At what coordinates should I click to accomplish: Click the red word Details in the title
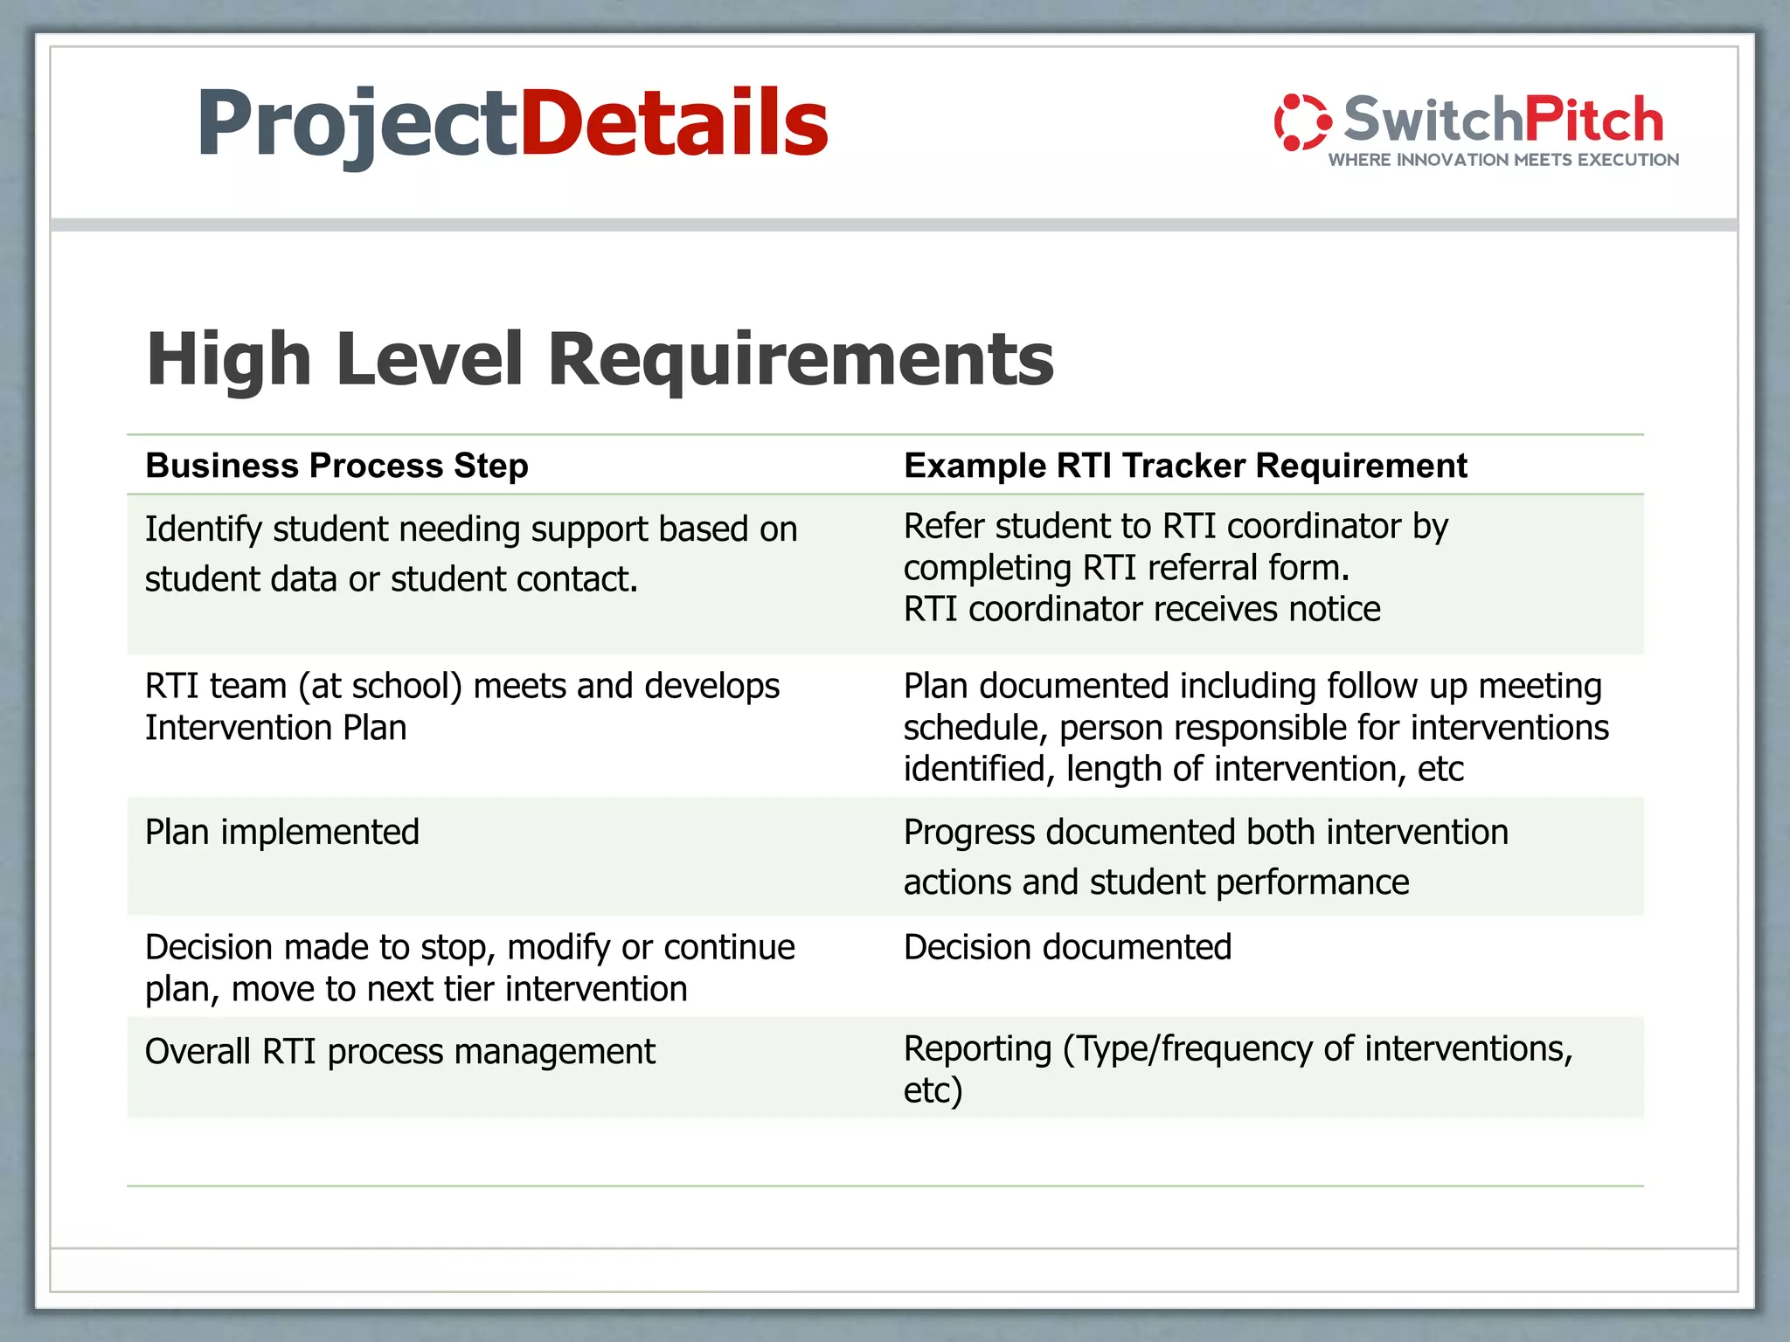point(674,124)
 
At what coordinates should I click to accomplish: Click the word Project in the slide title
point(358,124)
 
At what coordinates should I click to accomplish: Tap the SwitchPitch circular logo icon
point(1302,122)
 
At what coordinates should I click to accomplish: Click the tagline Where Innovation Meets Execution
point(1503,160)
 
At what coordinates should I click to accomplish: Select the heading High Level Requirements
point(600,359)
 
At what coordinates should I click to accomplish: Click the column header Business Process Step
point(336,466)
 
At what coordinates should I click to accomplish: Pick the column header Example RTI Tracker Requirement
point(1185,466)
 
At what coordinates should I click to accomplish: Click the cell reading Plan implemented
point(281,832)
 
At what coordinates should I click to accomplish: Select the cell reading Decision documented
point(1067,947)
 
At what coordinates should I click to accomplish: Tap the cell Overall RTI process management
point(399,1051)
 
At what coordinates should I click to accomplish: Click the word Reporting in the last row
point(977,1048)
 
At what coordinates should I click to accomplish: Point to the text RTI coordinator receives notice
point(1141,609)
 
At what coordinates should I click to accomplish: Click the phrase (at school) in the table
point(380,686)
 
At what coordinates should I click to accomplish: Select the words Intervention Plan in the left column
point(275,728)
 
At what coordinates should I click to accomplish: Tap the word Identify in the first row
point(203,529)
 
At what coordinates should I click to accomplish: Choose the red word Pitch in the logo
point(1593,120)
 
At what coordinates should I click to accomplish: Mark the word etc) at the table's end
point(933,1090)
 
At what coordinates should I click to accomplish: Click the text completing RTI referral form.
point(1126,568)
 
